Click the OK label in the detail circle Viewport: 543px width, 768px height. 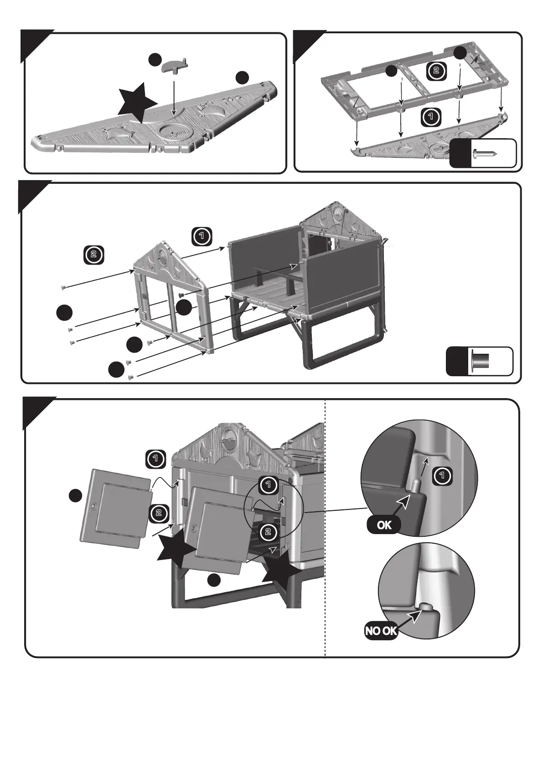[x=384, y=525]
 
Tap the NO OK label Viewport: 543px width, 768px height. [x=381, y=632]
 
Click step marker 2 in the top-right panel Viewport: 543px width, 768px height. [x=436, y=71]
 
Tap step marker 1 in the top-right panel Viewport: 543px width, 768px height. [x=429, y=117]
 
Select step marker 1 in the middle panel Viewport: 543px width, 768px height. [x=202, y=236]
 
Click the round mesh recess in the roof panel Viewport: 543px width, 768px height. [x=173, y=131]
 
